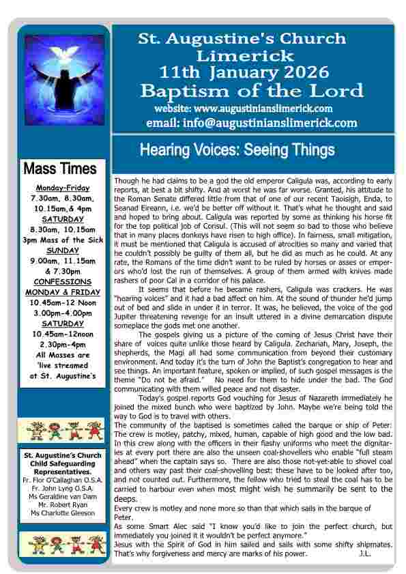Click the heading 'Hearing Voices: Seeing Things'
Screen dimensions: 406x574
[x=237, y=149]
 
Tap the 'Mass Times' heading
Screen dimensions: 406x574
[x=60, y=168]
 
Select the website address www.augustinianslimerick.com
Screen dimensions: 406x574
[x=244, y=108]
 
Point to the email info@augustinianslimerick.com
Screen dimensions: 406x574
[x=251, y=123]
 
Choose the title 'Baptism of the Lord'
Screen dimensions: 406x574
[x=251, y=90]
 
